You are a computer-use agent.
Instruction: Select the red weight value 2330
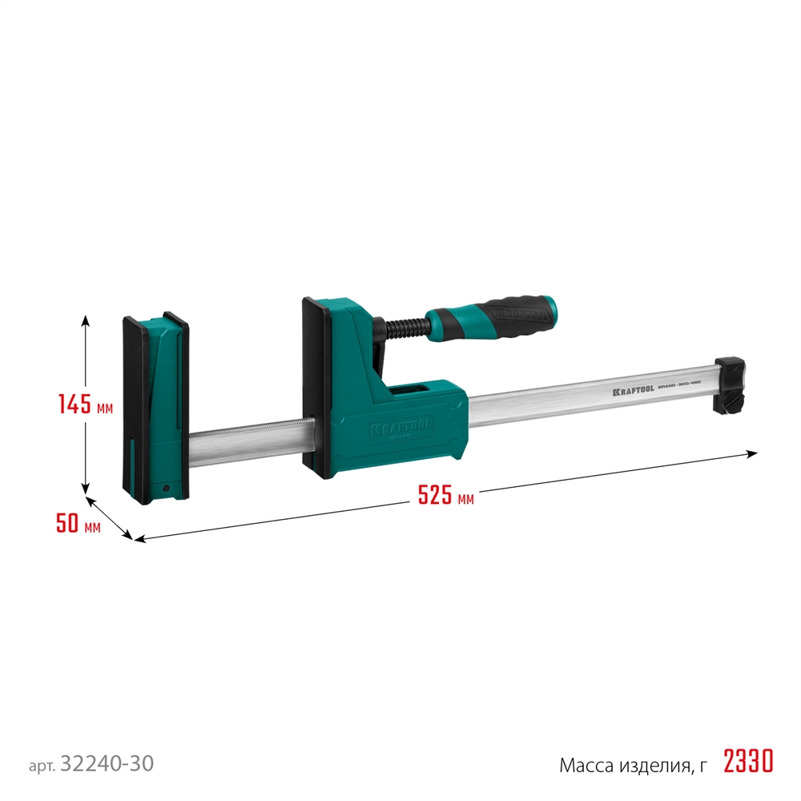click(x=748, y=761)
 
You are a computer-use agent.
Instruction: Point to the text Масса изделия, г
click(x=633, y=765)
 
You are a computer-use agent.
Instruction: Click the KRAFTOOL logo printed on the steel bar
click(x=634, y=391)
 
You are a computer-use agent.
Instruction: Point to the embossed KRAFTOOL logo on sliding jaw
click(x=400, y=429)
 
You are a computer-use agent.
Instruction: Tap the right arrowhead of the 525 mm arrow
click(x=752, y=453)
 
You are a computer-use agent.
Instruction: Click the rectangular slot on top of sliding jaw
click(x=412, y=390)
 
